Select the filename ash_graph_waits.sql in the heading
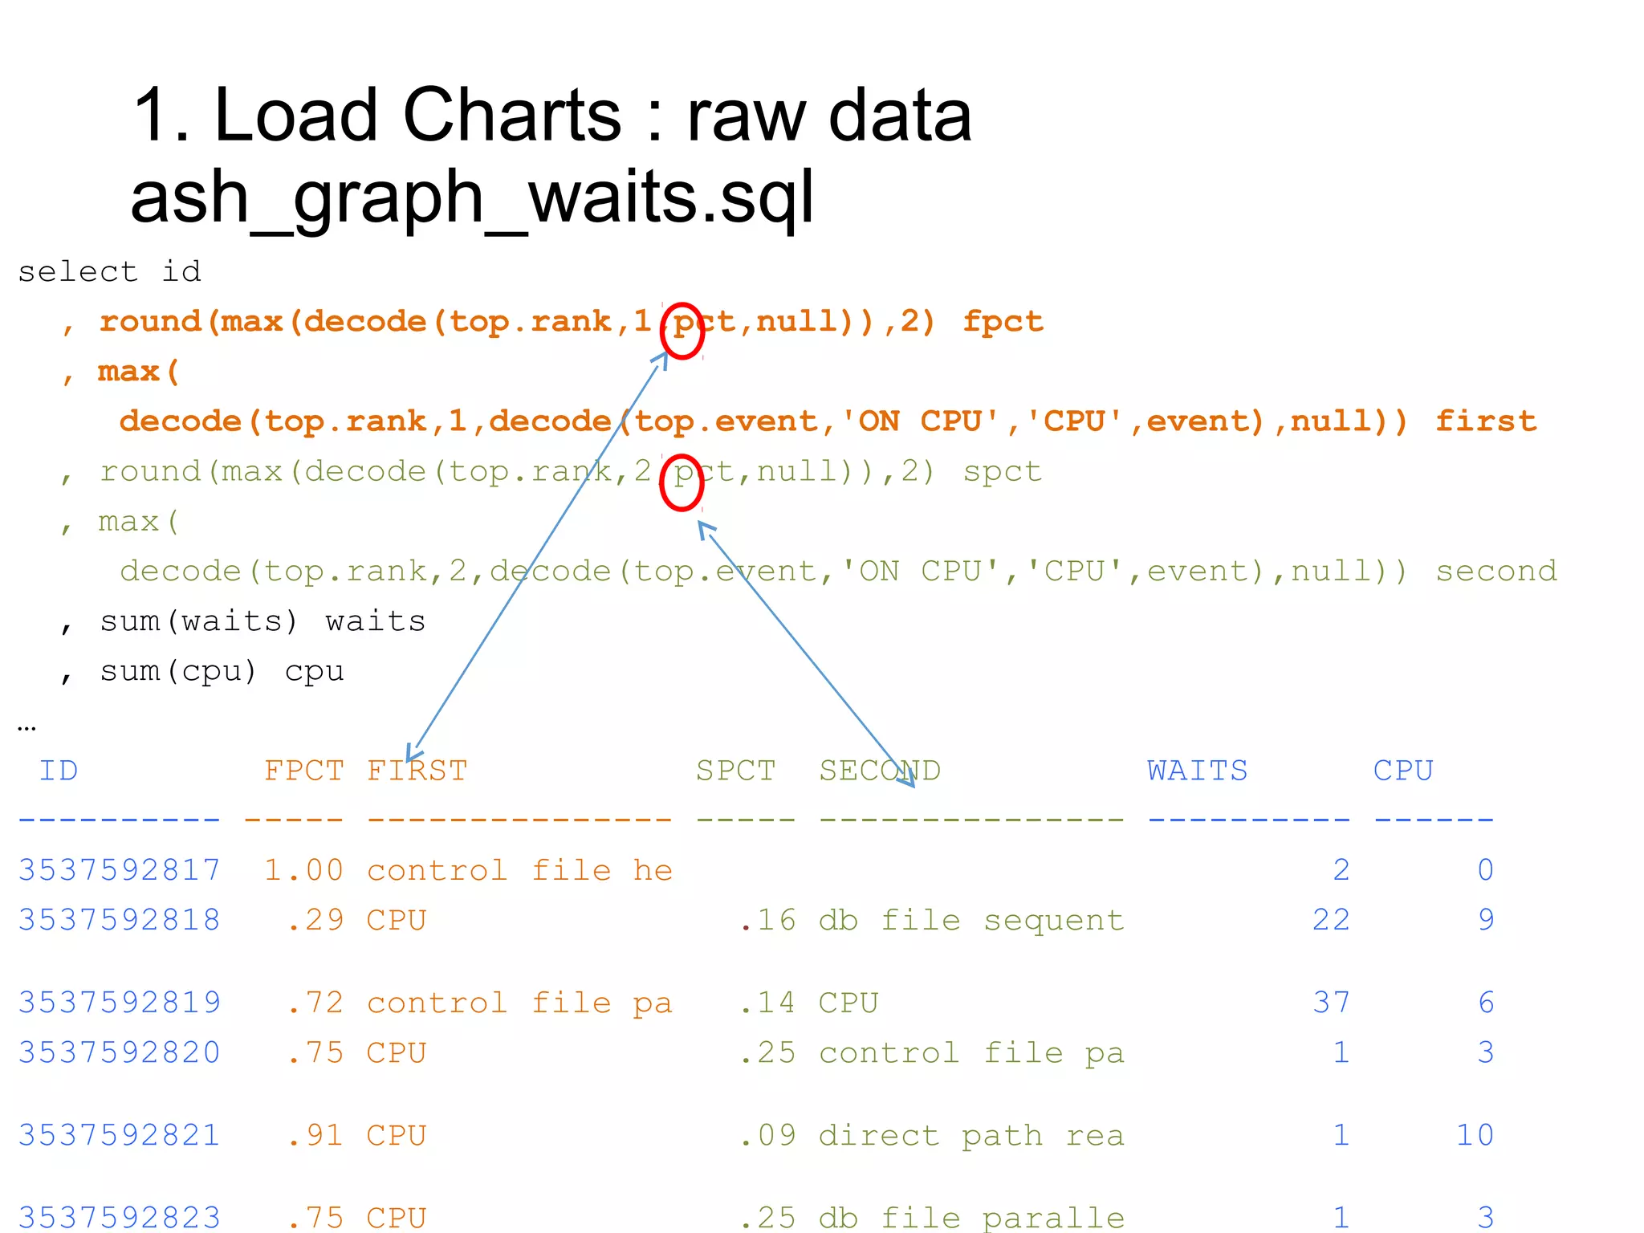[472, 198]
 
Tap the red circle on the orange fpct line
[682, 331]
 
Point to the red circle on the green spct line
[682, 482]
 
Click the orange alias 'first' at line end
[1486, 421]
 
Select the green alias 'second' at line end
[1496, 572]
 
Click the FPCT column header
[304, 771]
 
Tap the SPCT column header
[735, 771]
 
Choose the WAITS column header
[1197, 771]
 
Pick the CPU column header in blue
[1403, 771]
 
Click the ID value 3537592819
[120, 1003]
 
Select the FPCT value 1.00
[304, 870]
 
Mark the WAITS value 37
[1331, 1003]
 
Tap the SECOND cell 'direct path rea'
[971, 1135]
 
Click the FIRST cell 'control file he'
[519, 870]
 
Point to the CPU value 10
[1475, 1135]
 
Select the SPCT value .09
[767, 1135]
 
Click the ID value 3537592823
[120, 1217]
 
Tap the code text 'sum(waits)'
[198, 621]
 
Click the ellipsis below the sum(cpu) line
[26, 727]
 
